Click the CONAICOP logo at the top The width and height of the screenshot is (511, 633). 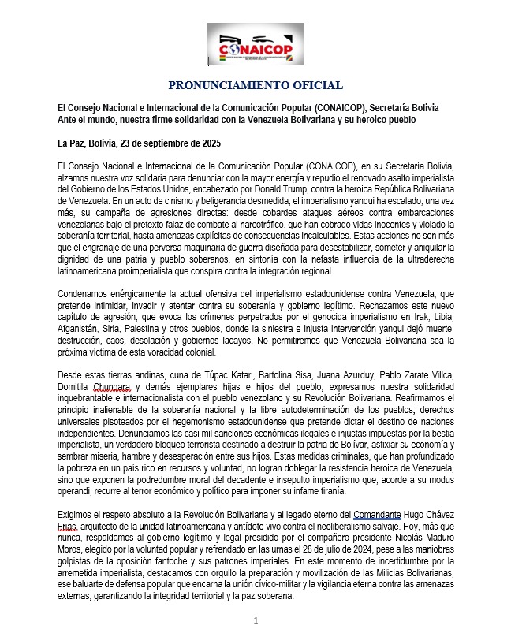pos(255,46)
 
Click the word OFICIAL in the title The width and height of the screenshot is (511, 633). pos(314,85)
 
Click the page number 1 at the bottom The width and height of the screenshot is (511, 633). pos(255,620)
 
